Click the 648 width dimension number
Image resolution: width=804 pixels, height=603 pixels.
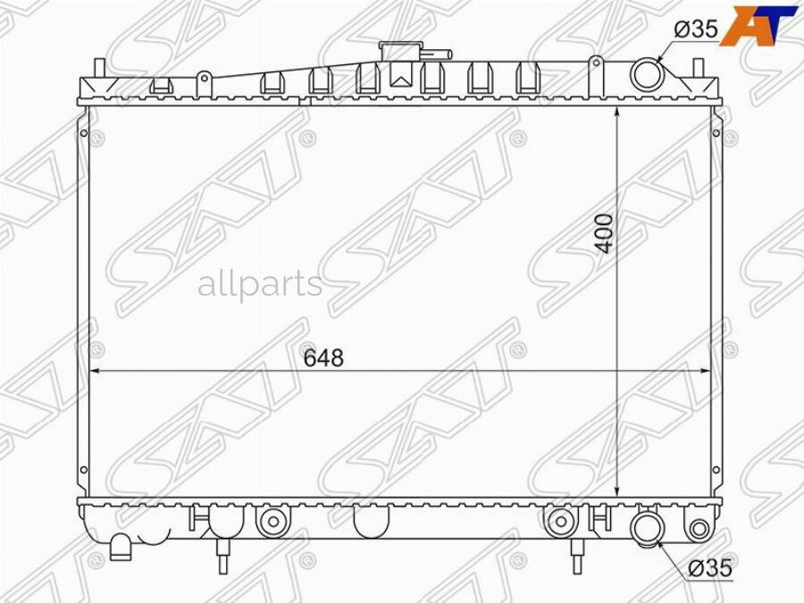coord(323,358)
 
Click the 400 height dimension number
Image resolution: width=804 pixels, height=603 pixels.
coord(606,233)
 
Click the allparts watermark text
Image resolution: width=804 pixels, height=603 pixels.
coord(259,284)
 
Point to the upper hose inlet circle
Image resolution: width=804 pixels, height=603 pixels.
coord(646,74)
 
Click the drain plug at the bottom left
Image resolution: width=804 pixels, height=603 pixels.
coord(120,546)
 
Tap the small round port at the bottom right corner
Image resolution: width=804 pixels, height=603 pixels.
coord(699,528)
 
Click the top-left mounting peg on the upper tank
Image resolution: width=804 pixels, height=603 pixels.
coord(99,68)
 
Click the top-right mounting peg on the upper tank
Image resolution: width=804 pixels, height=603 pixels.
coord(699,68)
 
